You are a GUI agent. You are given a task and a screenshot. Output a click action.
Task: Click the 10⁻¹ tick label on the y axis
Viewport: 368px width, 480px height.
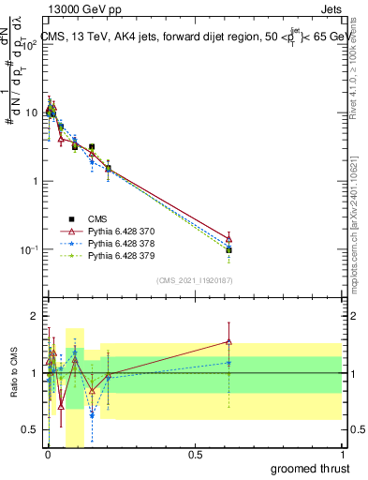(x=26, y=250)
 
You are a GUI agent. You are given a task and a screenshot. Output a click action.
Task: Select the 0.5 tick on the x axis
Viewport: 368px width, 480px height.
(x=196, y=453)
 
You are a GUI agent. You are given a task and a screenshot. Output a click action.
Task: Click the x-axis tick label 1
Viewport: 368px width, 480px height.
(x=343, y=453)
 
